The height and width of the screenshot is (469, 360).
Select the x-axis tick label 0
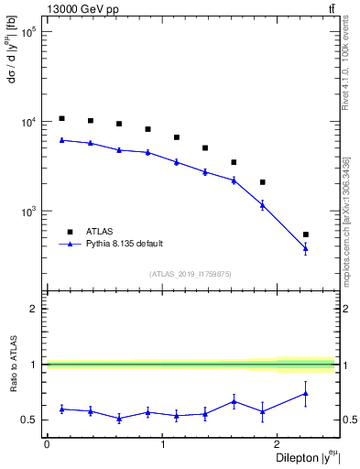point(47,444)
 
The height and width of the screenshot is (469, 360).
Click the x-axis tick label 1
point(162,444)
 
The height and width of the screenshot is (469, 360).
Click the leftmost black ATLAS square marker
point(61,118)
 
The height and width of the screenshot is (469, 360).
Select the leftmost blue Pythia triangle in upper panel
point(61,139)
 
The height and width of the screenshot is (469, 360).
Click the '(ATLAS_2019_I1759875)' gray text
point(191,274)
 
